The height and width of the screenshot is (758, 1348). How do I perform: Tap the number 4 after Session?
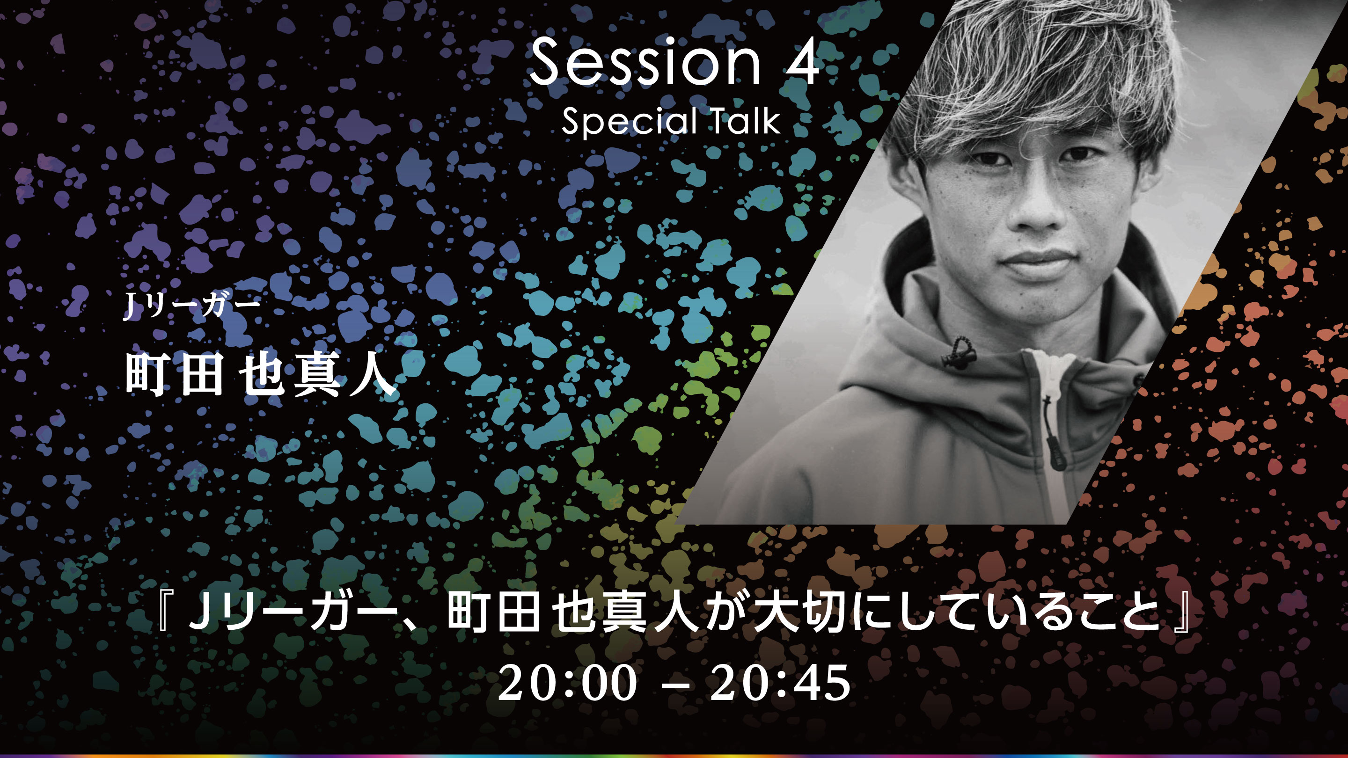(799, 62)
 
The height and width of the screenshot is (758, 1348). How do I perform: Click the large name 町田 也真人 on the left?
(260, 373)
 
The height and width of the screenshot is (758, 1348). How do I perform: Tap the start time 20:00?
(568, 683)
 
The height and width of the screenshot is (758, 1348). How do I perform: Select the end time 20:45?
(780, 683)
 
